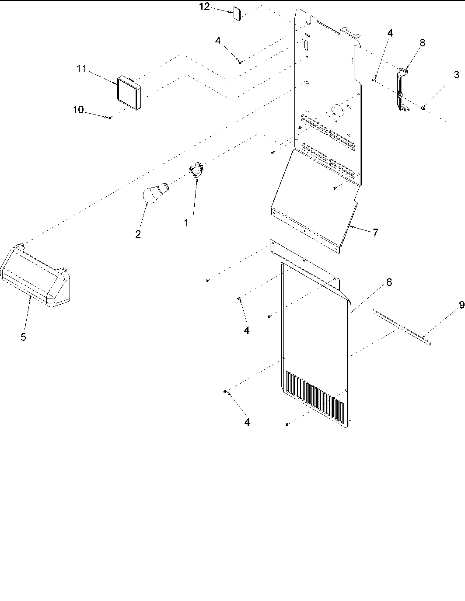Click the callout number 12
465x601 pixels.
204,7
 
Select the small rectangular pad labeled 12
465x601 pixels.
237,13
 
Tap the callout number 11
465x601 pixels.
82,69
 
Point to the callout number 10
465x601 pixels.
78,110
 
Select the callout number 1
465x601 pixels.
187,222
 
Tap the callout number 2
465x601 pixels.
138,234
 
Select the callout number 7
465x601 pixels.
375,233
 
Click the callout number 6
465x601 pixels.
388,282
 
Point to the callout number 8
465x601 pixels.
422,43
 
